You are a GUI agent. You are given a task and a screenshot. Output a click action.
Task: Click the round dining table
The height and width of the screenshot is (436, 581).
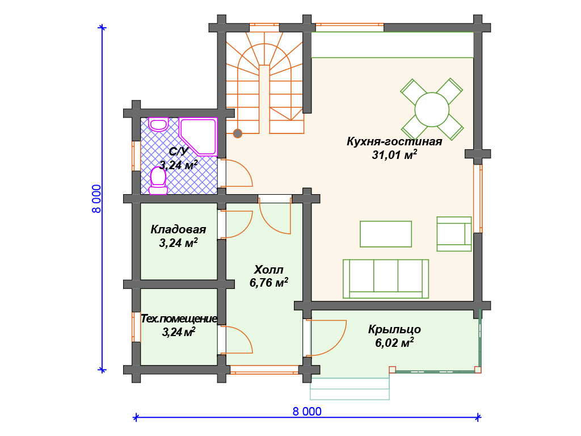click(x=432, y=110)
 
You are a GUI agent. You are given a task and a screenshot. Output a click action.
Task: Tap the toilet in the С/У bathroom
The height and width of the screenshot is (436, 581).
click(x=158, y=182)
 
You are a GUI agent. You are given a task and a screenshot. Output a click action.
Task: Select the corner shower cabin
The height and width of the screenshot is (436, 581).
click(x=198, y=136)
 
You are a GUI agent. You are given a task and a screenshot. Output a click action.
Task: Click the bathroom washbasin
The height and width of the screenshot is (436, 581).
click(x=159, y=124)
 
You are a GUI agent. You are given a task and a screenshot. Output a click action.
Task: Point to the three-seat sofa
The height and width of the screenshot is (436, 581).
click(x=386, y=279)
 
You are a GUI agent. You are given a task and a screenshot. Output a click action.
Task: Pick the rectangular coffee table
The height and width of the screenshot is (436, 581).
click(x=386, y=234)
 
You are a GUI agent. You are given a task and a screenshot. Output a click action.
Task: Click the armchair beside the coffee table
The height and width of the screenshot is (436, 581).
click(x=454, y=234)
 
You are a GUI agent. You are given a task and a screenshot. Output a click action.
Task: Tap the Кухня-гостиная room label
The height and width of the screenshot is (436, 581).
click(x=394, y=141)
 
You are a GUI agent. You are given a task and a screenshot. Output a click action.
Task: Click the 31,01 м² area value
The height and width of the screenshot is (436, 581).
click(x=394, y=154)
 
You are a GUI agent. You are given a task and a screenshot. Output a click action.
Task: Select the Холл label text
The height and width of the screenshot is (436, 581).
click(x=268, y=270)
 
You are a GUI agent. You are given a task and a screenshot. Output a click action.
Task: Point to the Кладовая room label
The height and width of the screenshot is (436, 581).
click(x=178, y=229)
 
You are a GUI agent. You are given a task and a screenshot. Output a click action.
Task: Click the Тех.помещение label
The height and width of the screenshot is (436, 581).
click(x=179, y=319)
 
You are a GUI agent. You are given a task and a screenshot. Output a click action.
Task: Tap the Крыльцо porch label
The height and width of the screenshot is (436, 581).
click(x=394, y=330)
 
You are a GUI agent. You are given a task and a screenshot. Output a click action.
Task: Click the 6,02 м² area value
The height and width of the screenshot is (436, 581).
click(x=394, y=342)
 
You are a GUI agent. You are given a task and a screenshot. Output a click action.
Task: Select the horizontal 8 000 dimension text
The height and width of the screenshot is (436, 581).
click(x=307, y=412)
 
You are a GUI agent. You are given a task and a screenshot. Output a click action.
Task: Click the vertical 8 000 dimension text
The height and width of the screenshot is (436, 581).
click(x=96, y=199)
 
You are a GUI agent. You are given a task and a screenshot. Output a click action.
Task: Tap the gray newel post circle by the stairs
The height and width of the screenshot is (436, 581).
click(x=238, y=133)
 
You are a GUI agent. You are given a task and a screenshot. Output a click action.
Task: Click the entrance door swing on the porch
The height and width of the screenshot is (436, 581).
click(x=328, y=338)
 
